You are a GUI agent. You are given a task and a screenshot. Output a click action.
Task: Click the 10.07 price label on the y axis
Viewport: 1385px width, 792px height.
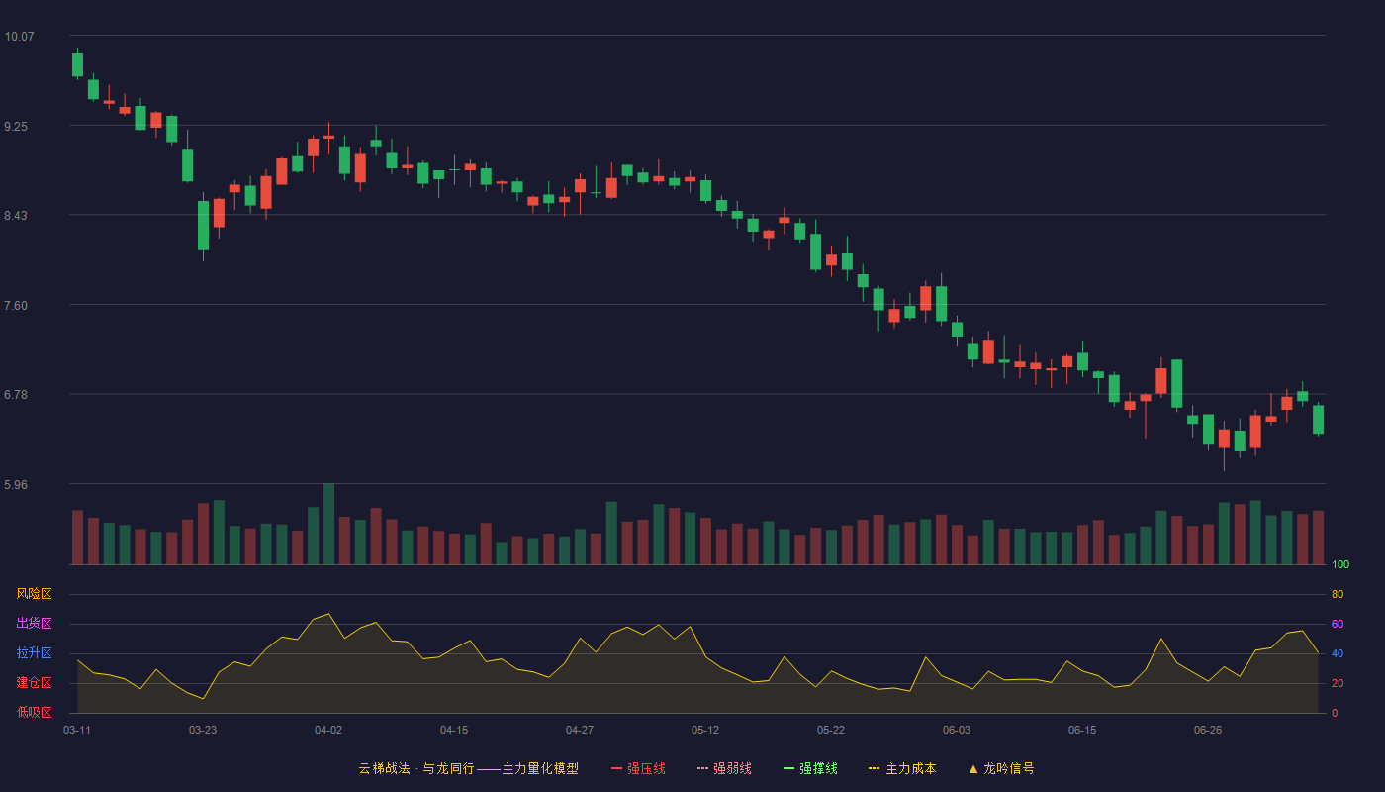pyautogui.click(x=19, y=37)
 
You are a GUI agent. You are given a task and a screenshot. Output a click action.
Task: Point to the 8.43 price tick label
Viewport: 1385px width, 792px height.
pyautogui.click(x=16, y=216)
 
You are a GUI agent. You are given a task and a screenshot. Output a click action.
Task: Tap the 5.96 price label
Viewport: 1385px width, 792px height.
pyautogui.click(x=16, y=485)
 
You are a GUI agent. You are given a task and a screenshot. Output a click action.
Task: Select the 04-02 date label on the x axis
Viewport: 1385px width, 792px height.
pyautogui.click(x=328, y=731)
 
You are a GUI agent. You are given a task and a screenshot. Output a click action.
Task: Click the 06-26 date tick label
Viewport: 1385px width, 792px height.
pyautogui.click(x=1208, y=731)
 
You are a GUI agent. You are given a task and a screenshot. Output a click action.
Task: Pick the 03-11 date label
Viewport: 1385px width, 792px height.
pyautogui.click(x=77, y=731)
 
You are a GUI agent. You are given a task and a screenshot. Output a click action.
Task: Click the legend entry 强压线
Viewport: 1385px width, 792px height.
pyautogui.click(x=638, y=769)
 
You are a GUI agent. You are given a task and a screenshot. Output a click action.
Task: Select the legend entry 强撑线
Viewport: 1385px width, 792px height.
pyautogui.click(x=810, y=769)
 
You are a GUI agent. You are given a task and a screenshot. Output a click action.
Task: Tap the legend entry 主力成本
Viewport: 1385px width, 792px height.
pyautogui.click(x=902, y=769)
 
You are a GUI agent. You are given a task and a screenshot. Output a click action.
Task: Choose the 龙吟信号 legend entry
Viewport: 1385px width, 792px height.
pyautogui.click(x=1001, y=769)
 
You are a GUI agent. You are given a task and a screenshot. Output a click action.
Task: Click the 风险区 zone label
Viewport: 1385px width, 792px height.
pyautogui.click(x=34, y=594)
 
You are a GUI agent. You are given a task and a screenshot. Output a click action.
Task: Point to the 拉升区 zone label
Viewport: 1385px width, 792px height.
pyautogui.click(x=34, y=653)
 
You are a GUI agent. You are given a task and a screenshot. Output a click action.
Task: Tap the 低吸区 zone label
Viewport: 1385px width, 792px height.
pyautogui.click(x=34, y=713)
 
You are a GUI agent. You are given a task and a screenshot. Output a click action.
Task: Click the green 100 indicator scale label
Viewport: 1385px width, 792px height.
pyautogui.click(x=1340, y=565)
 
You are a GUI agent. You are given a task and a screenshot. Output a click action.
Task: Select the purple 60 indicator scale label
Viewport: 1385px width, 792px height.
pyautogui.click(x=1338, y=625)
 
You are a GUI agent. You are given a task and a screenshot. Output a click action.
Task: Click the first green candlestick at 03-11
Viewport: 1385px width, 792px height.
pyautogui.click(x=77, y=64)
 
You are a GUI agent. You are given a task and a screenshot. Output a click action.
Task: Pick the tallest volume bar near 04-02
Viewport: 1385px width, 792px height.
pyautogui.click(x=328, y=524)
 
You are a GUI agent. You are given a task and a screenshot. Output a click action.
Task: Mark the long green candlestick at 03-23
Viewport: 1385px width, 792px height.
pyautogui.click(x=203, y=226)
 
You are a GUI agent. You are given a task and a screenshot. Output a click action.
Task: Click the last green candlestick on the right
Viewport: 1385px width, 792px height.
pyautogui.click(x=1318, y=420)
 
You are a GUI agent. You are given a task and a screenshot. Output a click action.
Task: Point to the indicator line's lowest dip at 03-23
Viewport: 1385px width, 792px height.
pyautogui.click(x=203, y=699)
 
